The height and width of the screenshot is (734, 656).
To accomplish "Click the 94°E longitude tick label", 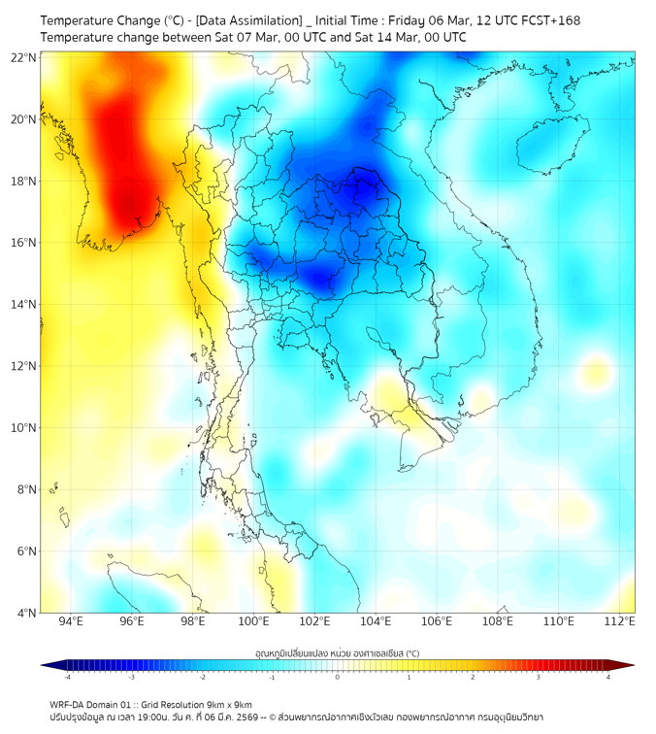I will [x=71, y=621].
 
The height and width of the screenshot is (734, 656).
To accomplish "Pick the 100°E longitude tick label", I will [x=253, y=621].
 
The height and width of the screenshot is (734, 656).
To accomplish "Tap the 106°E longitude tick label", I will [x=437, y=621].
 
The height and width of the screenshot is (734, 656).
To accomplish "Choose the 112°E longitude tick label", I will [x=619, y=621].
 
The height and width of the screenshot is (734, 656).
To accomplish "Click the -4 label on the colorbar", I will [x=67, y=678].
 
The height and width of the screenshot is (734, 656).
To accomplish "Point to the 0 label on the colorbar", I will [x=338, y=678].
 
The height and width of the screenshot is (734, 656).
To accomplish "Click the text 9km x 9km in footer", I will [x=229, y=704].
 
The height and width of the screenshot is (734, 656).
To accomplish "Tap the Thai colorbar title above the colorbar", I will [x=337, y=652].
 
